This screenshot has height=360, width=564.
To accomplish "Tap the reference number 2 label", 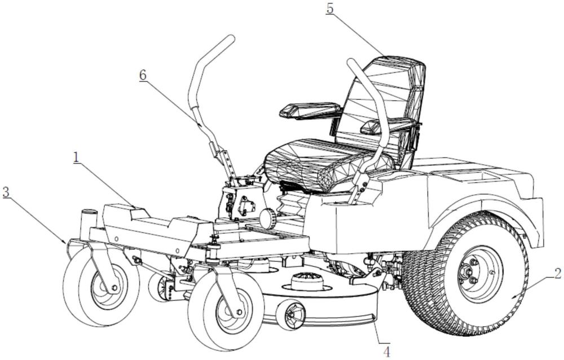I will pos(557,274).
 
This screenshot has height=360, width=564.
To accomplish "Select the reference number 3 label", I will pos(6,191).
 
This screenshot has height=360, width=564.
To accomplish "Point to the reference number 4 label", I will pos(386,351).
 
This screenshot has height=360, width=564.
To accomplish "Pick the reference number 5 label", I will pos(329,10).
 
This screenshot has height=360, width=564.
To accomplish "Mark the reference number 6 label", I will pos(143,75).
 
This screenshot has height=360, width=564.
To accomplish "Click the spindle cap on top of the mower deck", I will pos(305,279).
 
